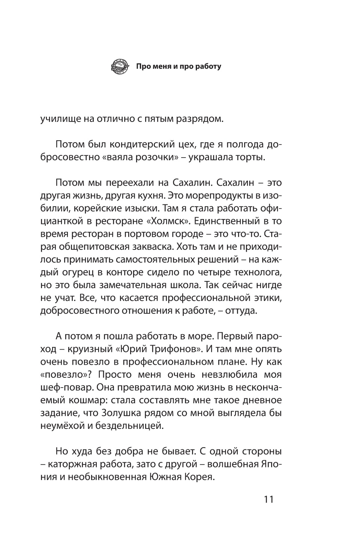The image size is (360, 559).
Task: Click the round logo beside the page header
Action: (120, 67)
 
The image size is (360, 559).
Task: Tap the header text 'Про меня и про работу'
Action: (178, 67)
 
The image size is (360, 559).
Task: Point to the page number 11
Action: (268, 500)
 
